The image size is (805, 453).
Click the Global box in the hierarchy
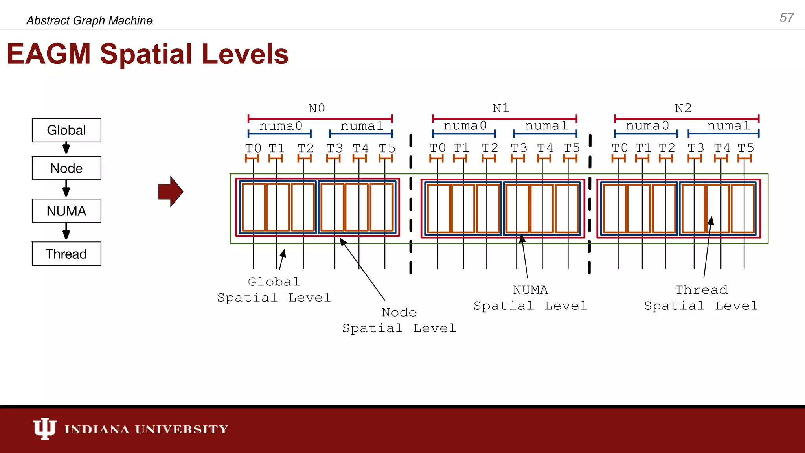pyautogui.click(x=66, y=130)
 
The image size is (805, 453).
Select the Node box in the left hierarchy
pyautogui.click(x=66, y=168)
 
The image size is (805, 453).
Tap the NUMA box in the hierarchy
pyautogui.click(x=66, y=211)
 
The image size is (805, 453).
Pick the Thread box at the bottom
pyautogui.click(x=66, y=254)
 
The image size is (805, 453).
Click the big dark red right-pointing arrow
pyautogui.click(x=170, y=192)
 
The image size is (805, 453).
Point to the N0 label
pyautogui.click(x=316, y=108)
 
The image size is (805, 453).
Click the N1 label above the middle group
pyautogui.click(x=501, y=108)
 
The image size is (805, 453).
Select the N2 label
pyautogui.click(x=683, y=108)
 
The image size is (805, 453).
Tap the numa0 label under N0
pyautogui.click(x=281, y=126)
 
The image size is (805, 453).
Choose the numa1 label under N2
pyautogui.click(x=728, y=126)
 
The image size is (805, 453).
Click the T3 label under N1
pyautogui.click(x=519, y=148)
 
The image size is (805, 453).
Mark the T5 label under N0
pyautogui.click(x=387, y=148)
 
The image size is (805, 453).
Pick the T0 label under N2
pyautogui.click(x=619, y=148)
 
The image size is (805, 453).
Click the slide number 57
pyautogui.click(x=787, y=18)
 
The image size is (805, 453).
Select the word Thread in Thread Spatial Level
pyautogui.click(x=701, y=290)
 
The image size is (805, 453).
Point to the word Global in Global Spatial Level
pyautogui.click(x=274, y=282)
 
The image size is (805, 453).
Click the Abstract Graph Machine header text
pyautogui.click(x=89, y=20)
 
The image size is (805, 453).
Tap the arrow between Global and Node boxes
pyautogui.click(x=66, y=148)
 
